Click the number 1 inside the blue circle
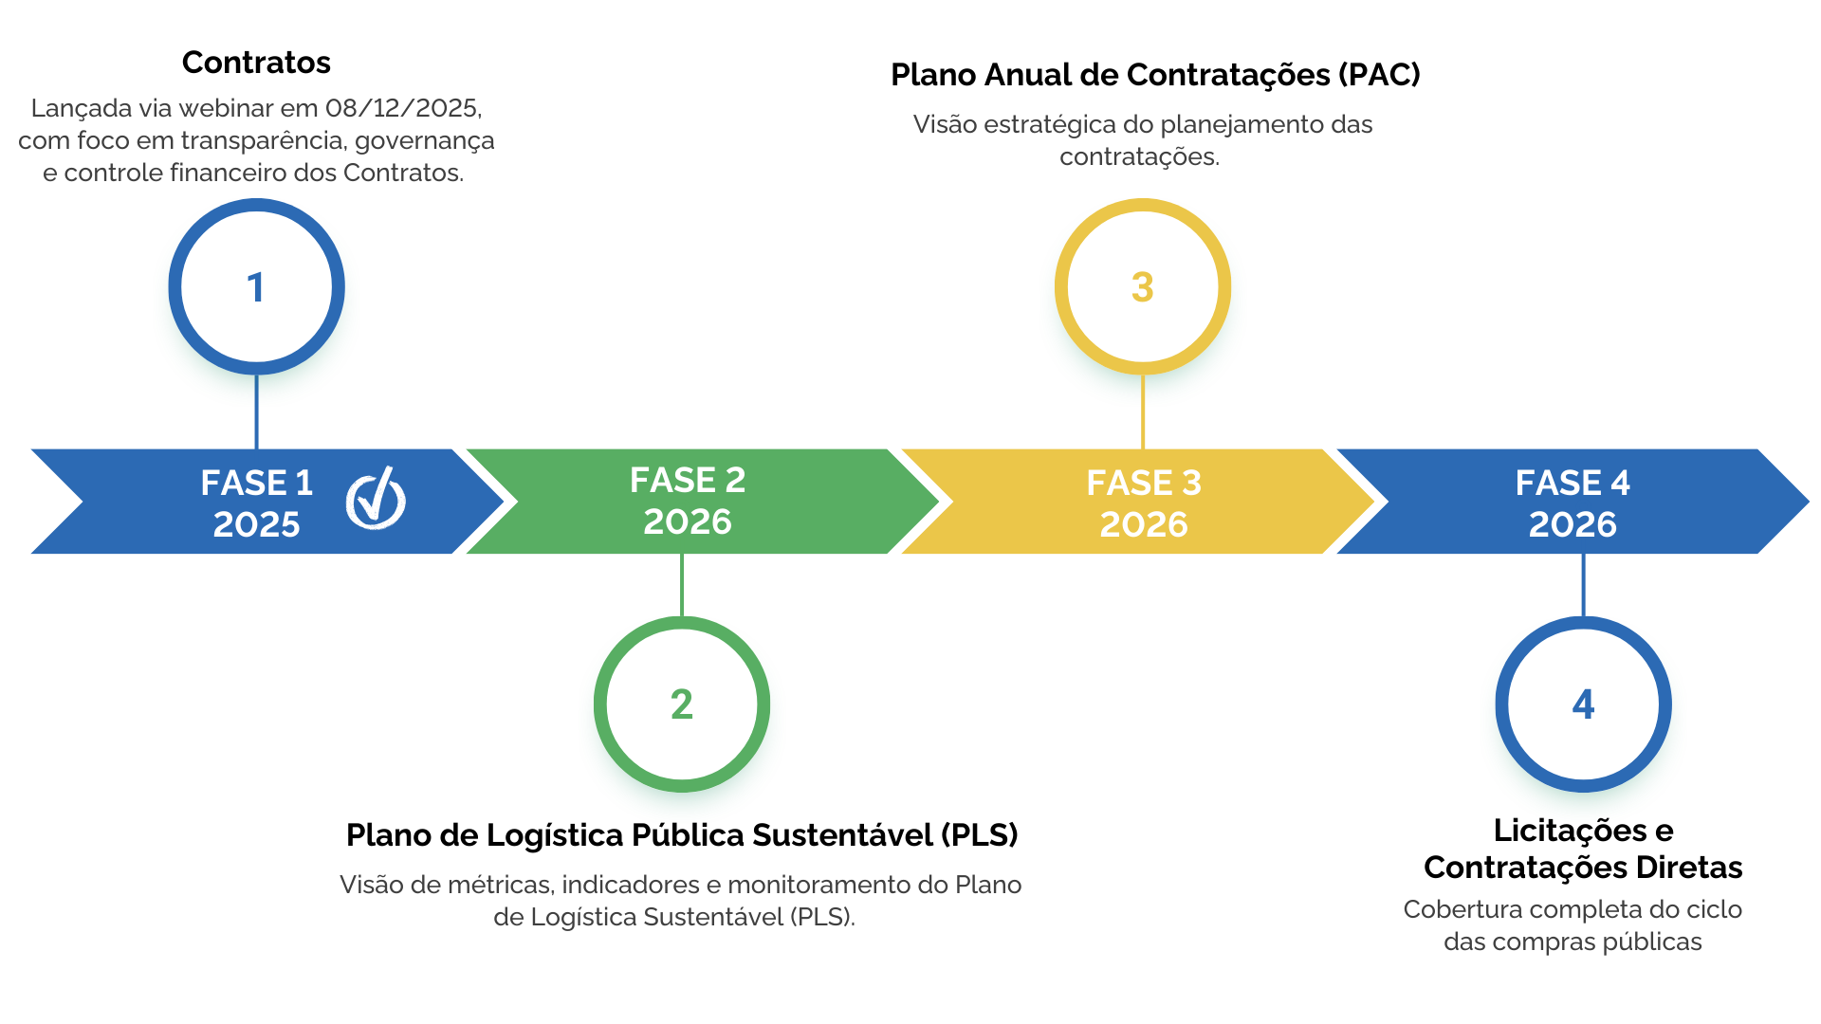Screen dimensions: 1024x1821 pos(255,287)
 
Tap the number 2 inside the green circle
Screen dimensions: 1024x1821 pos(681,704)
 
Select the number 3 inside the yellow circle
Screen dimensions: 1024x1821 pos(1142,287)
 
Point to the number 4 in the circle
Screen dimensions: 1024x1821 pos(1583,704)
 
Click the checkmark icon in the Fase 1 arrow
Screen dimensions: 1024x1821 pos(376,499)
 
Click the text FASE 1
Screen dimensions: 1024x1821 pos(256,483)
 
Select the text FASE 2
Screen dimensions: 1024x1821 pos(688,480)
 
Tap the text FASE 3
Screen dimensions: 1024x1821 pos(1144,483)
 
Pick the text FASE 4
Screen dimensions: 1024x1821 pos(1573,483)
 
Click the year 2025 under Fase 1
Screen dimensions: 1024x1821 pos(256,524)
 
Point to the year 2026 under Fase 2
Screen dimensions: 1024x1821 pos(688,521)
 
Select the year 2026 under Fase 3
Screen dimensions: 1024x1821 pos(1144,524)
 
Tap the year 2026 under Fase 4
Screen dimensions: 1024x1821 pos(1573,524)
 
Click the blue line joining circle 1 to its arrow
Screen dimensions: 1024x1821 pos(256,413)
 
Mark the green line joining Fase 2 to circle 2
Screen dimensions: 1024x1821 pos(682,585)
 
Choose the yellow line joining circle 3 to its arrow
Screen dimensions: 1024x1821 pos(1143,413)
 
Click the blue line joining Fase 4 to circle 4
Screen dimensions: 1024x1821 pos(1583,585)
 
